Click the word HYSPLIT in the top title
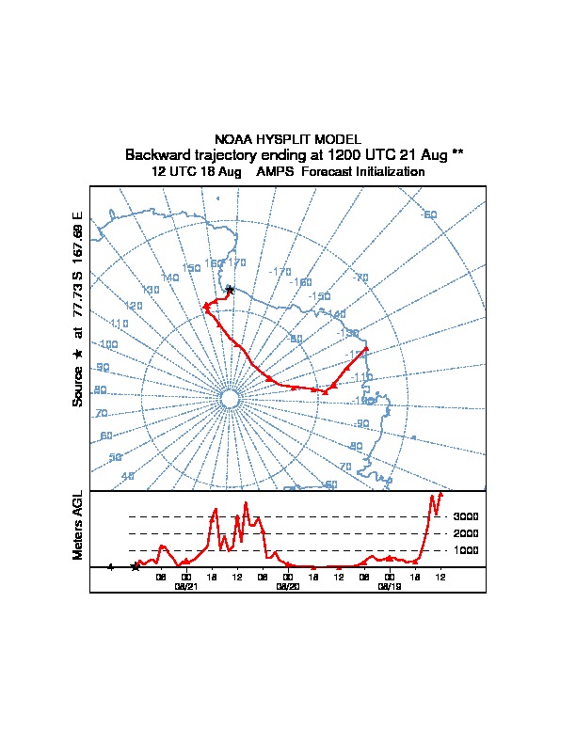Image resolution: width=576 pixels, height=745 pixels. (287, 139)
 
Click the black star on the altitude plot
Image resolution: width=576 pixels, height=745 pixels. (136, 566)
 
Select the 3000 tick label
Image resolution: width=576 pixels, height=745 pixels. (466, 517)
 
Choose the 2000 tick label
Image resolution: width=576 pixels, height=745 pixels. (466, 534)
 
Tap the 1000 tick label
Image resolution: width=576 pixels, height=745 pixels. (466, 550)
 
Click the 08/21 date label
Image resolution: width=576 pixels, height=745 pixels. (186, 585)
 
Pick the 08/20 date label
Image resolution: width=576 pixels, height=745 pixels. (288, 585)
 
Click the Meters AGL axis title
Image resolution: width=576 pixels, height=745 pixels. (79, 525)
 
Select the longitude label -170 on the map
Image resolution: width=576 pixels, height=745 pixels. (280, 272)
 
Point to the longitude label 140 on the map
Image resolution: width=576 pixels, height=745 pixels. (169, 277)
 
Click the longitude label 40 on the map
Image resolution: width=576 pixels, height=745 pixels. (128, 476)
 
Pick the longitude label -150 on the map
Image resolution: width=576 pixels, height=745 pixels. (320, 296)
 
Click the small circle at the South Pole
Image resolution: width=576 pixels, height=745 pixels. (229, 400)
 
